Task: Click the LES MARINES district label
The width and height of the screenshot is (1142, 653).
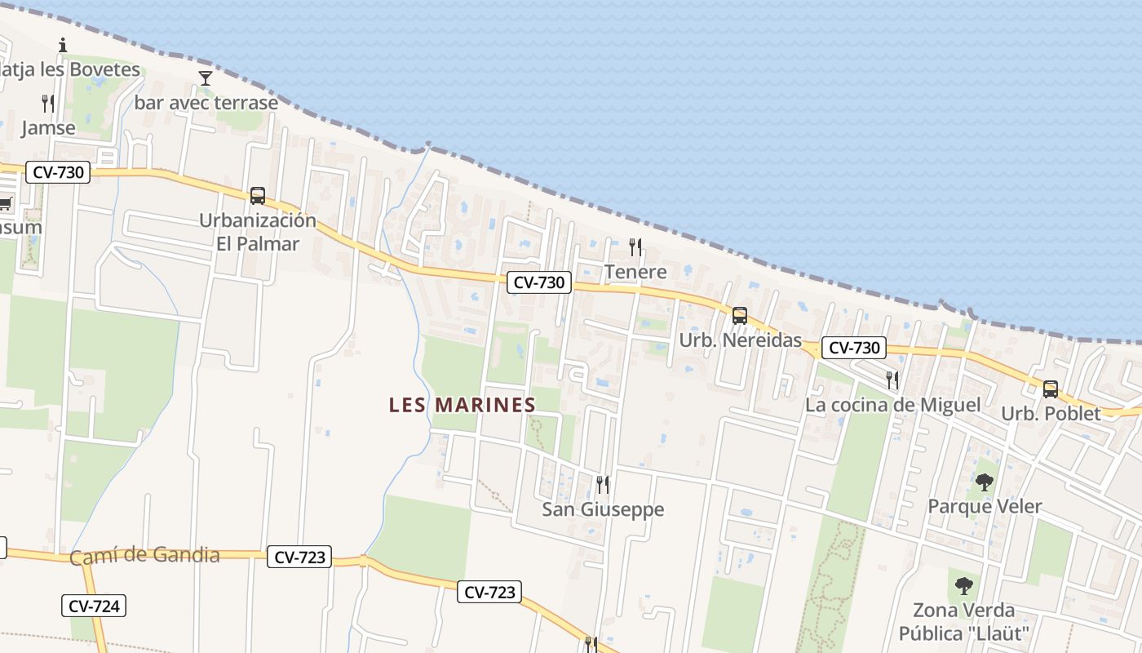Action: click(463, 405)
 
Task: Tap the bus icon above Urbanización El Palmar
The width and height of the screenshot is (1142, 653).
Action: click(258, 196)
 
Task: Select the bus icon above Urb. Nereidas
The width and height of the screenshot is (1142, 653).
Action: click(740, 316)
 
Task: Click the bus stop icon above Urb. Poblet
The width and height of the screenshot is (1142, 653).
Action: click(1051, 389)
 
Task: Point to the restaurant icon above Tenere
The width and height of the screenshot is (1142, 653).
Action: click(635, 247)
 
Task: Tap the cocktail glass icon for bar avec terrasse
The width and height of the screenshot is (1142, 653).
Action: click(206, 78)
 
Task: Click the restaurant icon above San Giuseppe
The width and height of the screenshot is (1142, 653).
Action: click(603, 485)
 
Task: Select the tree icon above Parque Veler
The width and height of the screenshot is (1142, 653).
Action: click(985, 482)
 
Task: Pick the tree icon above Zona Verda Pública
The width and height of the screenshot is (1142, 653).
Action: click(964, 585)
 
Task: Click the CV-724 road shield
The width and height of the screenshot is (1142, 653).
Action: click(94, 606)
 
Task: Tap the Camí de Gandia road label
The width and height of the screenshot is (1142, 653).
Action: click(144, 556)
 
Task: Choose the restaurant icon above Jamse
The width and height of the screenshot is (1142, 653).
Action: click(48, 104)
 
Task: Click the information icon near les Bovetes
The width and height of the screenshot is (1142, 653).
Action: click(63, 45)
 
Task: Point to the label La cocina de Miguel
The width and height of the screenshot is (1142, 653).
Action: click(892, 405)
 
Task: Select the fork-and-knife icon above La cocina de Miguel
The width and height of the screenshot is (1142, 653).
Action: click(892, 380)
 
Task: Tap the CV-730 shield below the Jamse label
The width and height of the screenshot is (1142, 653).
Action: click(57, 172)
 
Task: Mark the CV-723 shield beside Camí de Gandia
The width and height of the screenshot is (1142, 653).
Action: click(299, 557)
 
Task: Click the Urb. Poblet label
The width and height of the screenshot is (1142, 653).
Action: click(1051, 414)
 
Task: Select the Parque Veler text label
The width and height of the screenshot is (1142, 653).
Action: click(985, 506)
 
